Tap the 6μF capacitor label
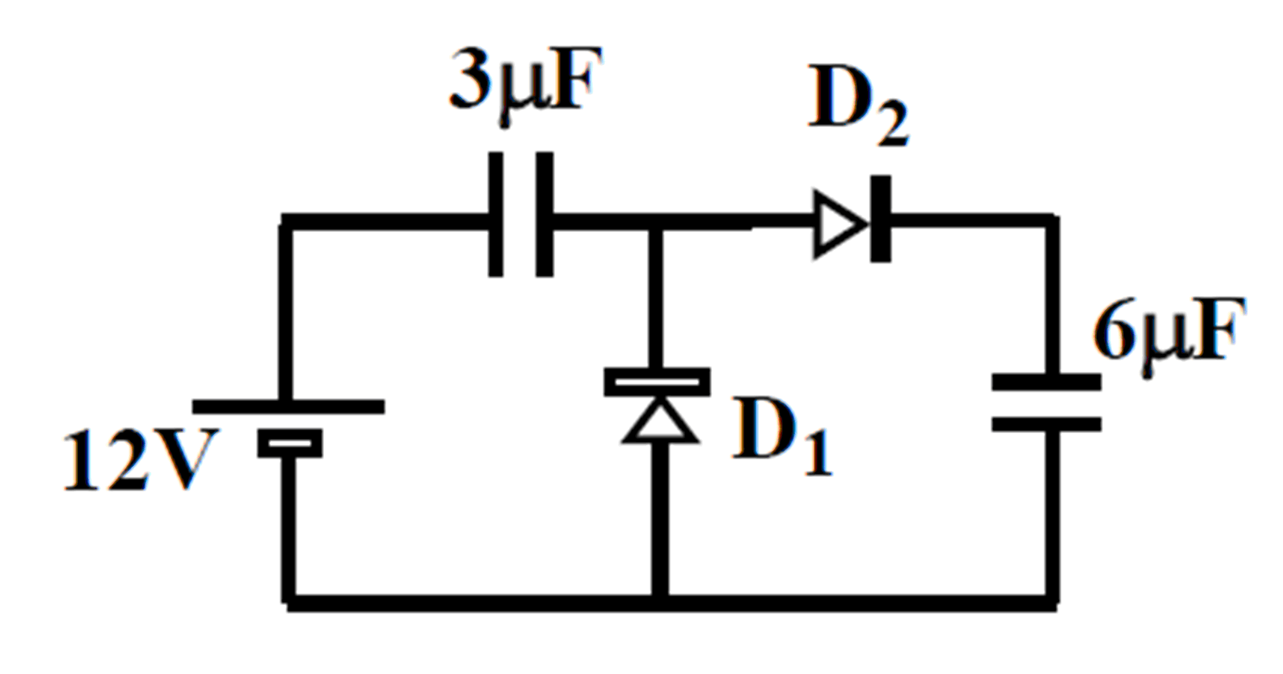point(1168,331)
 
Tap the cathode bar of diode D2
point(880,219)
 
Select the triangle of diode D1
point(659,423)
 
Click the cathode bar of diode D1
point(657,382)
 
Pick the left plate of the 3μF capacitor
point(496,214)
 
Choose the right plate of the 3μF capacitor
point(544,214)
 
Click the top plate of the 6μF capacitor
point(1046,382)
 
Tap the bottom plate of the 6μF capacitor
point(1046,424)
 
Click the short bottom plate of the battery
point(289,443)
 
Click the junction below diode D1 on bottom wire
point(660,602)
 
